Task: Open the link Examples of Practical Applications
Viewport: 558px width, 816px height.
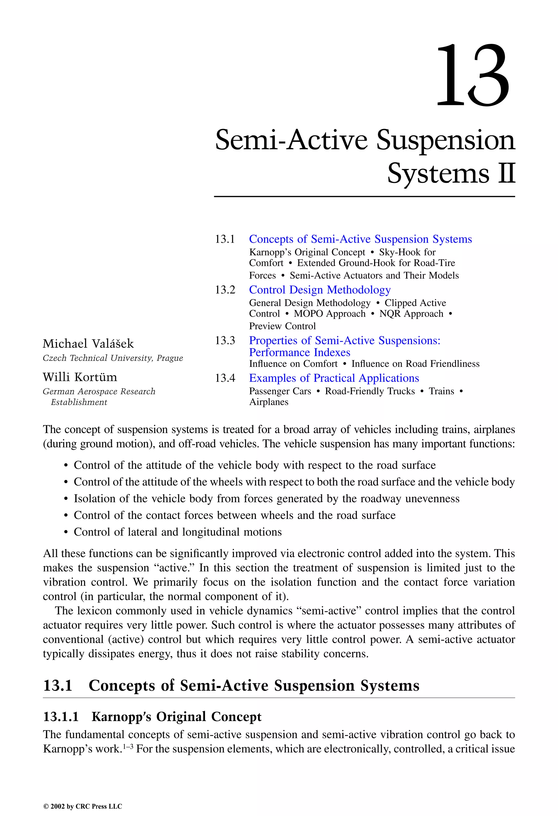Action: pyautogui.click(x=334, y=378)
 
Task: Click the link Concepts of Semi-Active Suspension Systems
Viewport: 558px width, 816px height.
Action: pyautogui.click(x=360, y=239)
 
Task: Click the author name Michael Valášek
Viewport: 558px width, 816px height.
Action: pyautogui.click(x=88, y=344)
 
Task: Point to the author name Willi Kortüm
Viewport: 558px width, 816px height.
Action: pyautogui.click(x=80, y=377)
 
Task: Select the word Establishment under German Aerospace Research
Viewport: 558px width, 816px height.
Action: pyautogui.click(x=79, y=402)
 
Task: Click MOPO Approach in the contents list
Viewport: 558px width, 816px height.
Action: pyautogui.click(x=329, y=314)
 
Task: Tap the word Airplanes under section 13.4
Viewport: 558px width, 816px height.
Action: pyautogui.click(x=268, y=402)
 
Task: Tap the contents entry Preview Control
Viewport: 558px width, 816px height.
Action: pyautogui.click(x=282, y=326)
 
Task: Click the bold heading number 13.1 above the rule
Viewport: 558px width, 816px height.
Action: pyautogui.click(x=57, y=685)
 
